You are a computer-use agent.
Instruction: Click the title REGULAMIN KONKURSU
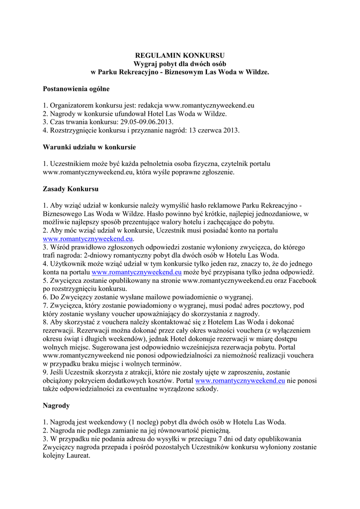tap(180, 55)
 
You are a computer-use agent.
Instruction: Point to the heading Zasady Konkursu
tap(71, 189)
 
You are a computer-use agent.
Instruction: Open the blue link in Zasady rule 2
tap(89, 239)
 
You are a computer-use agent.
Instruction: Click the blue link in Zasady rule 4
tap(137, 272)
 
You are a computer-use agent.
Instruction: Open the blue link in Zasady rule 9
tap(240, 381)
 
